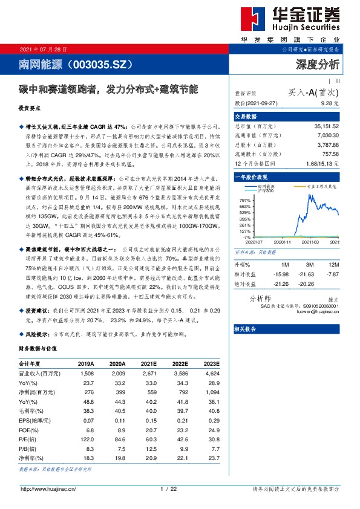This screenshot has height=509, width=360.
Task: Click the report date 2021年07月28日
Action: point(44,49)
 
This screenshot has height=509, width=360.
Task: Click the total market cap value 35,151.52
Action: point(327,126)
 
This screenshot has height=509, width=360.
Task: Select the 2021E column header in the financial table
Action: point(148,365)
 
